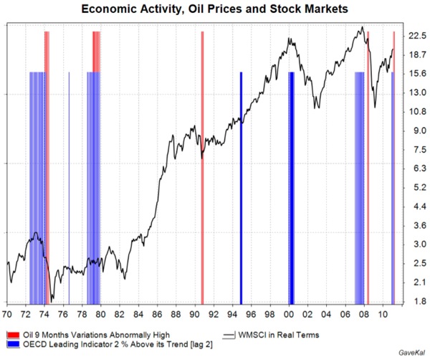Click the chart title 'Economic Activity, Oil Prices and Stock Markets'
pyautogui.click(x=215, y=10)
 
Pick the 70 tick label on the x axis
pyautogui.click(x=7, y=314)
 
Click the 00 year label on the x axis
pyautogui.click(x=289, y=314)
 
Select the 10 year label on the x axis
pyautogui.click(x=383, y=314)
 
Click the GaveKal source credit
pyautogui.click(x=409, y=354)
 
